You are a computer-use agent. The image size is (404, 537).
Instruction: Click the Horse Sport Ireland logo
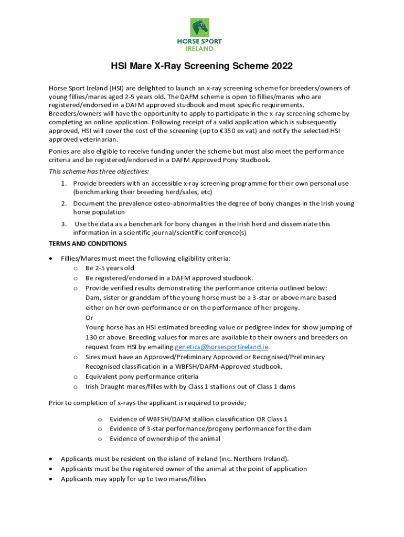click(202, 35)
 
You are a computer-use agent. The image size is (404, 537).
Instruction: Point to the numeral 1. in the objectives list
click(63, 184)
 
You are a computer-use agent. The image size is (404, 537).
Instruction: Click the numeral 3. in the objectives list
click(63, 224)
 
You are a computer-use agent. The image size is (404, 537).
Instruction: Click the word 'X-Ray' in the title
click(168, 67)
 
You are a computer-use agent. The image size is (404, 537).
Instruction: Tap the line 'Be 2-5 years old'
click(110, 268)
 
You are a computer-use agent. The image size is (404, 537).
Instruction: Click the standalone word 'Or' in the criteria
click(89, 317)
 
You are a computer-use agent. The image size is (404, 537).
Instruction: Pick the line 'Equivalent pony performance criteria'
click(142, 377)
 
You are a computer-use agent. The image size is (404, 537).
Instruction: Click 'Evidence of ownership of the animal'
click(165, 439)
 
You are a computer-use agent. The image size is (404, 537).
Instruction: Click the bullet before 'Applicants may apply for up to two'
click(50, 479)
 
